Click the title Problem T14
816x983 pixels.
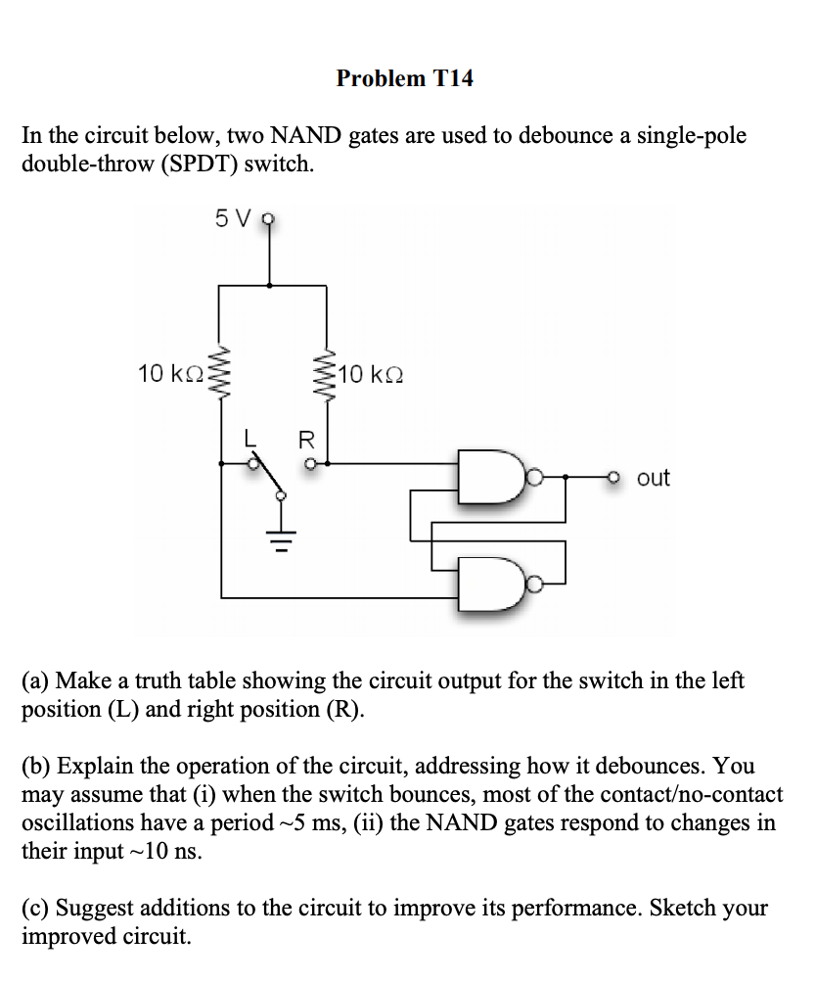point(404,78)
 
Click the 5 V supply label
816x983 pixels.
point(232,219)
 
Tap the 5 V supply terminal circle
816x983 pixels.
point(270,220)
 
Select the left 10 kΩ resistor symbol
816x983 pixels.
point(221,374)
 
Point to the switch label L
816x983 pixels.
point(249,440)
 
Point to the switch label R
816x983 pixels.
point(305,440)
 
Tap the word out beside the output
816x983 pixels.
point(653,478)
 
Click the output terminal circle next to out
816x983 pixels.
point(613,478)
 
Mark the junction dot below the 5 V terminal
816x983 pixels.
point(270,286)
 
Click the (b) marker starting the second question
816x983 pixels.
point(36,765)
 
